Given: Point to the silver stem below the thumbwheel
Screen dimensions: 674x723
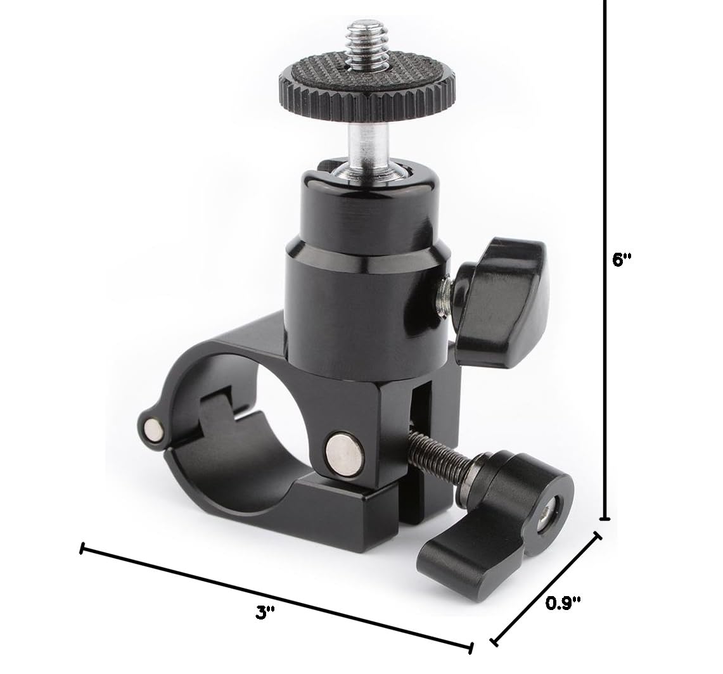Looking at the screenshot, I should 364,136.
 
